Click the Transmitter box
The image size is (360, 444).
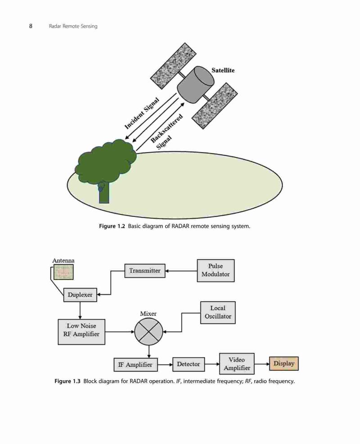tap(145, 271)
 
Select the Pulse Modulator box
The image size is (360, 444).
tap(216, 270)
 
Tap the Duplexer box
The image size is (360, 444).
tap(80, 295)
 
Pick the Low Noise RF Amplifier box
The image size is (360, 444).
tap(81, 332)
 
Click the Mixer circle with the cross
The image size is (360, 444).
tap(148, 332)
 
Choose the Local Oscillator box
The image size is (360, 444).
tap(218, 312)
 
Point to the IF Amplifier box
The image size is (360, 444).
tap(135, 364)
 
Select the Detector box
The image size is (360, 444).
tap(189, 364)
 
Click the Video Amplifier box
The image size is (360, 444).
tap(237, 363)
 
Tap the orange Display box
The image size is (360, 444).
tap(284, 363)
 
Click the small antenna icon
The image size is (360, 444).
tap(63, 272)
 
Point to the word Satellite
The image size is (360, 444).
tap(223, 70)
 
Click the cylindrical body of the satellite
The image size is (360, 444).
tap(195, 85)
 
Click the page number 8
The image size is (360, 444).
tap(31, 26)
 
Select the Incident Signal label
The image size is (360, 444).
tap(142, 113)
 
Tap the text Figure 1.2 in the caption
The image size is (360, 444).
tap(112, 226)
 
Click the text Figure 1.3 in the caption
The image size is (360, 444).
tap(67, 381)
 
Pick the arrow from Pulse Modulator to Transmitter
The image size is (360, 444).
tap(181, 271)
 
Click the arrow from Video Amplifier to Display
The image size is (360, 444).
tap(262, 364)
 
